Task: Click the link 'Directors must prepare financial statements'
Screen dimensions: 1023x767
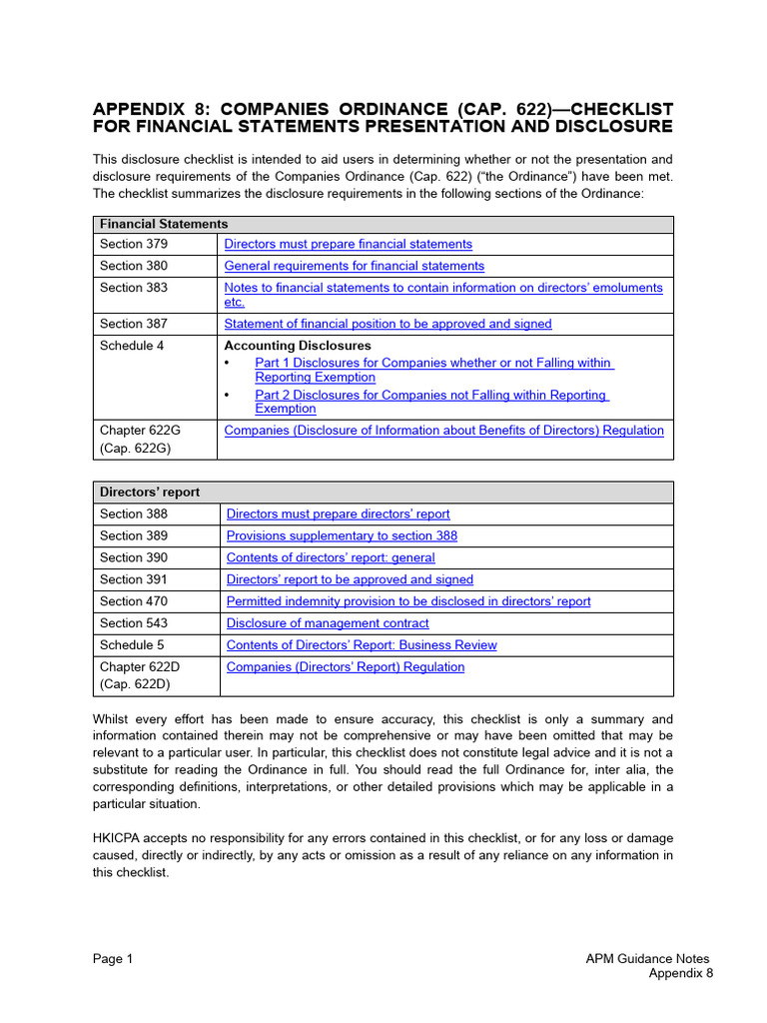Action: [x=348, y=244]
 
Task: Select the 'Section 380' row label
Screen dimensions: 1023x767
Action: [x=134, y=266]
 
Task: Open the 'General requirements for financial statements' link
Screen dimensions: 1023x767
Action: [x=354, y=266]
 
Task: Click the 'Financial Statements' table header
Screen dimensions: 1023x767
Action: [x=164, y=224]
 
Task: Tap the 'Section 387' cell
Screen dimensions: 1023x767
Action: [x=134, y=324]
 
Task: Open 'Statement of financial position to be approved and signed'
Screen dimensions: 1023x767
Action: [x=387, y=324]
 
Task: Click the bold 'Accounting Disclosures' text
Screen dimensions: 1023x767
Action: [x=297, y=346]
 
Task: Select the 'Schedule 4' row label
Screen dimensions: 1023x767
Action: [x=132, y=346]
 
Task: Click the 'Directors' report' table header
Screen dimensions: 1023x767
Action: [x=150, y=492]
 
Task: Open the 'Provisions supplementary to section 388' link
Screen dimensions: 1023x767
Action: [x=342, y=535]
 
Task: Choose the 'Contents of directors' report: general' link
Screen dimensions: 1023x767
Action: [x=331, y=557]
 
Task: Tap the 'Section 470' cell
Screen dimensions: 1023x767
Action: [x=134, y=601]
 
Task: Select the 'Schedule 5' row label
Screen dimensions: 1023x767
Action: [x=132, y=645]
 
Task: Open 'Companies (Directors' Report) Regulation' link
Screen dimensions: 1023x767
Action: [x=346, y=667]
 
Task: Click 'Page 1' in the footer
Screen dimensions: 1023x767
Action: [x=113, y=959]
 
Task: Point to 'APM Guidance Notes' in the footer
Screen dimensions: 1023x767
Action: [x=647, y=959]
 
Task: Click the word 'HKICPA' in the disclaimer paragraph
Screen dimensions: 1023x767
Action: [x=119, y=837]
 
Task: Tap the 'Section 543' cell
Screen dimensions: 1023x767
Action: [x=134, y=623]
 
